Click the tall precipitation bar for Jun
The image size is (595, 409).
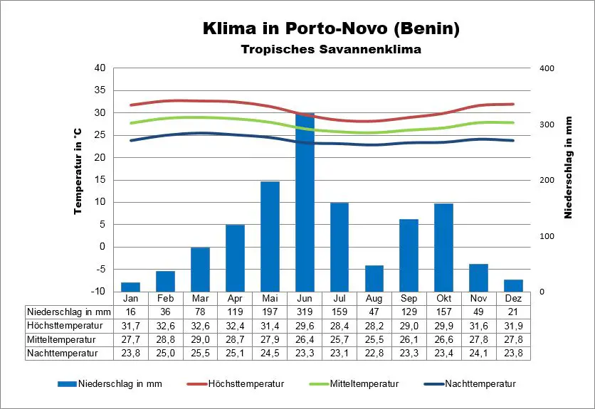(305, 203)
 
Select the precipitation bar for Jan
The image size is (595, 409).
(131, 287)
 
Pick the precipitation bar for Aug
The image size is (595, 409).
(374, 278)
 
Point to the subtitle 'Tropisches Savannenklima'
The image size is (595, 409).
(331, 50)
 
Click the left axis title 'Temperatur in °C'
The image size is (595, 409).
(78, 173)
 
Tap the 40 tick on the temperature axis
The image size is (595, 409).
(100, 68)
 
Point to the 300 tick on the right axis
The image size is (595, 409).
(547, 124)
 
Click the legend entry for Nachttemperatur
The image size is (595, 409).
(480, 384)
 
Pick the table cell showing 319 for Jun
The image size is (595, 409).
(305, 312)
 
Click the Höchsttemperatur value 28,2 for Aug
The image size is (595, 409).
(374, 325)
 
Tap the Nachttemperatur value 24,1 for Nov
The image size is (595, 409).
(478, 353)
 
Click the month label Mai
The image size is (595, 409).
(270, 298)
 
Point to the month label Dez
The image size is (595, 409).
(513, 298)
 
